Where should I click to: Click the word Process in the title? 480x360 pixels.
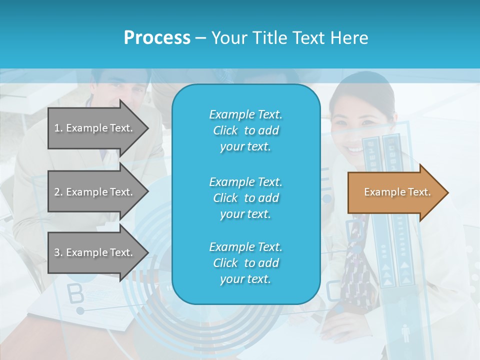157,37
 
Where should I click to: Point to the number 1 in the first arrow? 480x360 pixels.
56,128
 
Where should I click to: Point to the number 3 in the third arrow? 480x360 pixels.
56,252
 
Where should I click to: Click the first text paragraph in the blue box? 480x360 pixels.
245,130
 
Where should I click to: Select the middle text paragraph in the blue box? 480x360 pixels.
245,197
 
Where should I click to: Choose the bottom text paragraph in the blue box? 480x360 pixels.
245,263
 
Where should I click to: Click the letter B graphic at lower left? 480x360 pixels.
75,294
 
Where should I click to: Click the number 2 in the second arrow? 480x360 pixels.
57,192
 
